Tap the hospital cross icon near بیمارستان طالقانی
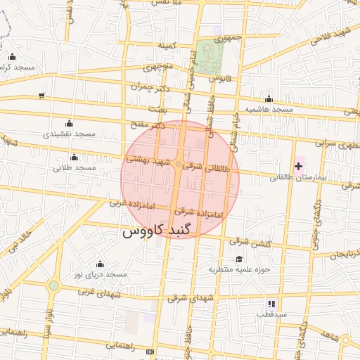pyautogui.click(x=299, y=167)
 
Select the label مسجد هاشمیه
pyautogui.click(x=269, y=110)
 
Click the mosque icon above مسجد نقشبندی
pyautogui.click(x=68, y=123)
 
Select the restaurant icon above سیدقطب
pyautogui.click(x=271, y=304)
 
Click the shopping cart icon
pyautogui.click(x=41, y=96)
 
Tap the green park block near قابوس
pyautogui.click(x=207, y=57)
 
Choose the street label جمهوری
pyautogui.click(x=229, y=37)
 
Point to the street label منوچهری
pyautogui.click(x=158, y=68)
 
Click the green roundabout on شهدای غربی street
pyautogui.click(x=53, y=285)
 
